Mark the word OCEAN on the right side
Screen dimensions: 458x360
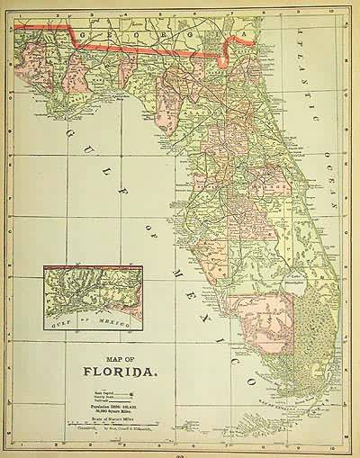(330, 184)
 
